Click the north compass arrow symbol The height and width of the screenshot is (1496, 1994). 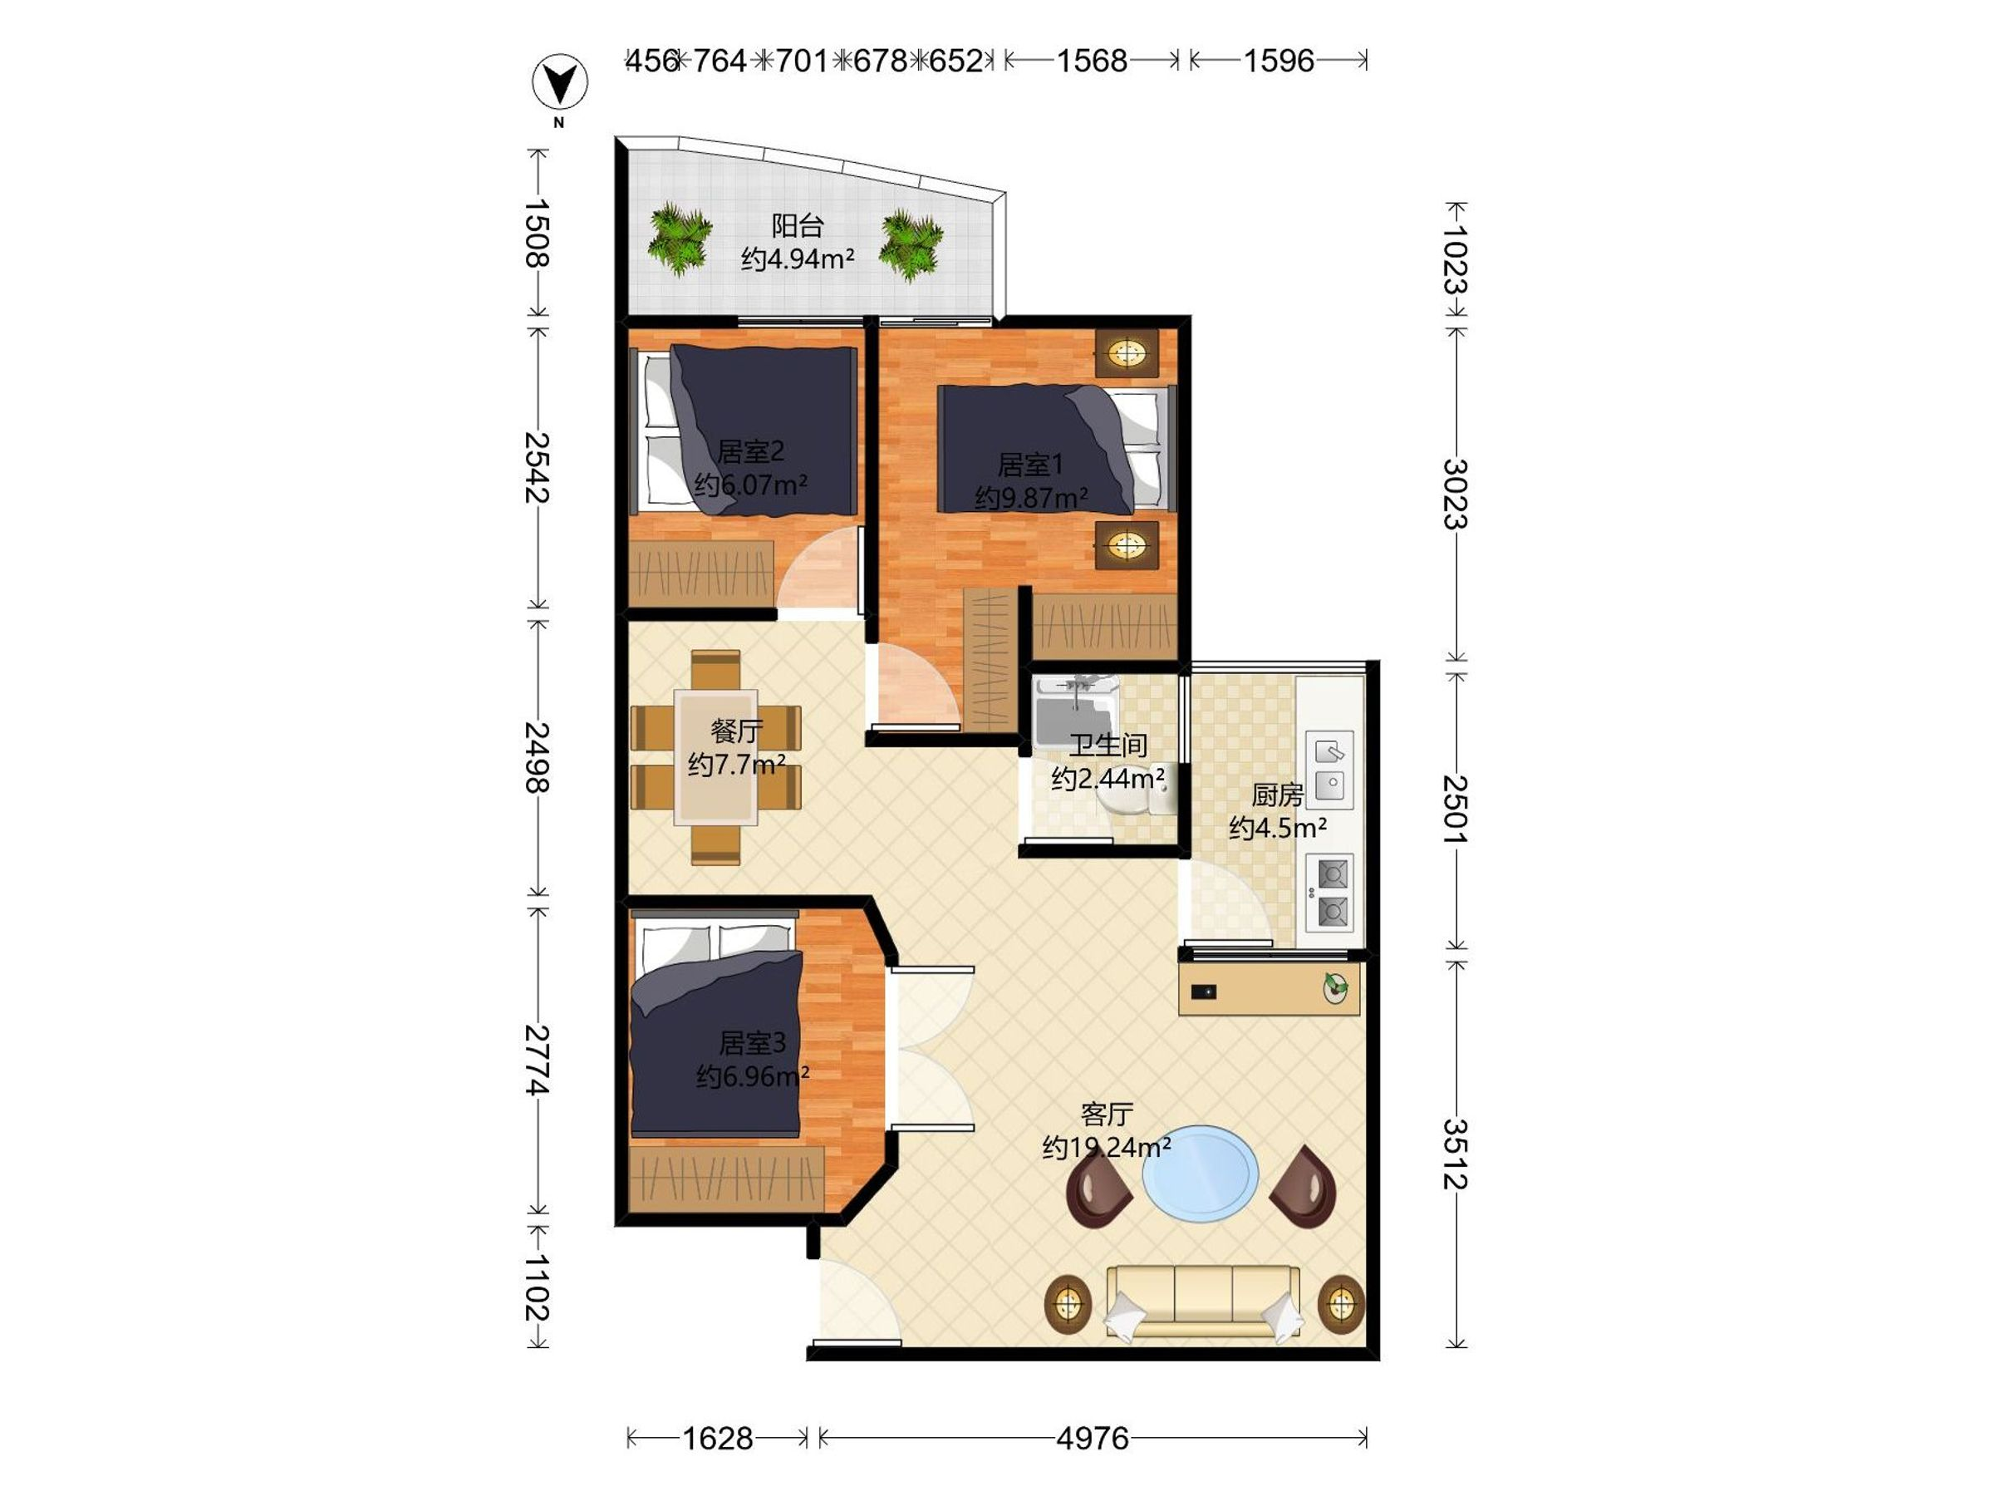click(560, 84)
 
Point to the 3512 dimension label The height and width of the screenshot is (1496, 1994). click(1455, 1154)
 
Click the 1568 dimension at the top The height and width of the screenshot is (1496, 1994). click(1092, 61)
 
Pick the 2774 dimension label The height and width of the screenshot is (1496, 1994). click(538, 1060)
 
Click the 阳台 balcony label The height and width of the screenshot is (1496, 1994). click(798, 225)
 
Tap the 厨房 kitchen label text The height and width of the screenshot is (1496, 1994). click(1277, 795)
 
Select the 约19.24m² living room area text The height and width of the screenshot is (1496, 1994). click(1107, 1147)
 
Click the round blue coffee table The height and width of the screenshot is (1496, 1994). click(1200, 1174)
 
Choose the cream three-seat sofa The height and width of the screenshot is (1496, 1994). click(1203, 1302)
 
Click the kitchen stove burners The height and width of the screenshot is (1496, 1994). click(1329, 892)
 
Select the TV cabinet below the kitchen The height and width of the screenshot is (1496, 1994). click(1270, 987)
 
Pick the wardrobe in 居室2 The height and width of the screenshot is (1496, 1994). click(701, 573)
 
